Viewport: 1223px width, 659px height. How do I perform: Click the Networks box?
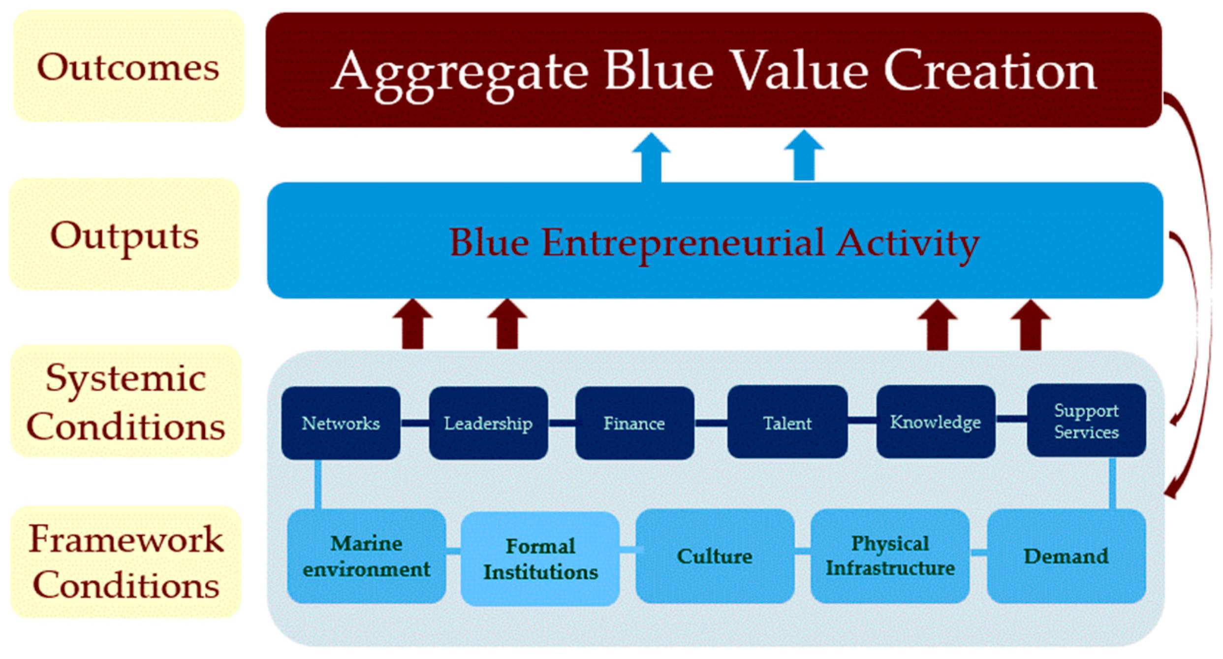[341, 423]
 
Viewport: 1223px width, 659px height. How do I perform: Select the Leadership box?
[488, 423]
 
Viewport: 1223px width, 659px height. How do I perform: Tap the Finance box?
[635, 423]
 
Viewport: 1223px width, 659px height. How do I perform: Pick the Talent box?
[787, 422]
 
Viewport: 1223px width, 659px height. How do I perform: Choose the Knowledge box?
[936, 422]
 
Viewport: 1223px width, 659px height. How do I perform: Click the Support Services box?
[1086, 421]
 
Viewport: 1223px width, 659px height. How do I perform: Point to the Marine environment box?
[367, 556]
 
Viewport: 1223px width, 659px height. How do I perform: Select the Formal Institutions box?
[540, 559]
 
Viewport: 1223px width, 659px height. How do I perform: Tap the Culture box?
[715, 556]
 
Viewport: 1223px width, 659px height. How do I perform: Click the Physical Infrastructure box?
[890, 556]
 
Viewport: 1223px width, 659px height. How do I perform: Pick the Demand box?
[1066, 556]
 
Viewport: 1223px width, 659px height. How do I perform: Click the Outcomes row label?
[128, 66]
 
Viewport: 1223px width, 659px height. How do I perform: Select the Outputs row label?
[125, 234]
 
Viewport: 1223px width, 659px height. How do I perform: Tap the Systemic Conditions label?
[126, 401]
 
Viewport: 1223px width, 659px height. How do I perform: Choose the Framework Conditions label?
[126, 562]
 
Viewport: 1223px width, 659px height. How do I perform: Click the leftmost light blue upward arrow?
[652, 157]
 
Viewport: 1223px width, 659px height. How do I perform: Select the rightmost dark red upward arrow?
[1031, 325]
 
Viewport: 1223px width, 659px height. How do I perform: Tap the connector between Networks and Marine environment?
[318, 485]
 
